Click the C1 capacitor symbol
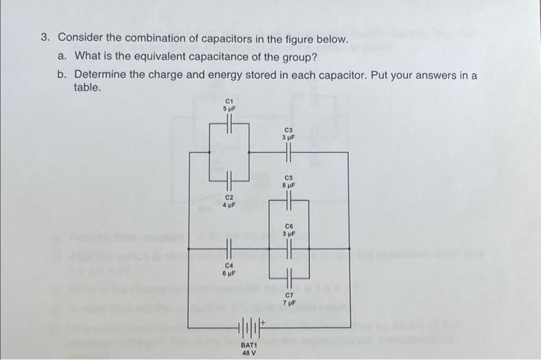click(229, 124)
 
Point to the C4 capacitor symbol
click(229, 249)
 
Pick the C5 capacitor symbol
click(288, 202)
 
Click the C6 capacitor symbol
click(288, 249)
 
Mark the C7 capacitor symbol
click(288, 276)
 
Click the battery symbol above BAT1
click(250, 327)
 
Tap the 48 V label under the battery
click(248, 352)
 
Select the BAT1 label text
click(248, 345)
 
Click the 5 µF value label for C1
click(229, 109)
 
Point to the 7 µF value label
click(289, 302)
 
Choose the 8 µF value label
click(289, 186)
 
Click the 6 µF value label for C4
click(229, 273)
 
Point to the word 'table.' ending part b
click(87, 88)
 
